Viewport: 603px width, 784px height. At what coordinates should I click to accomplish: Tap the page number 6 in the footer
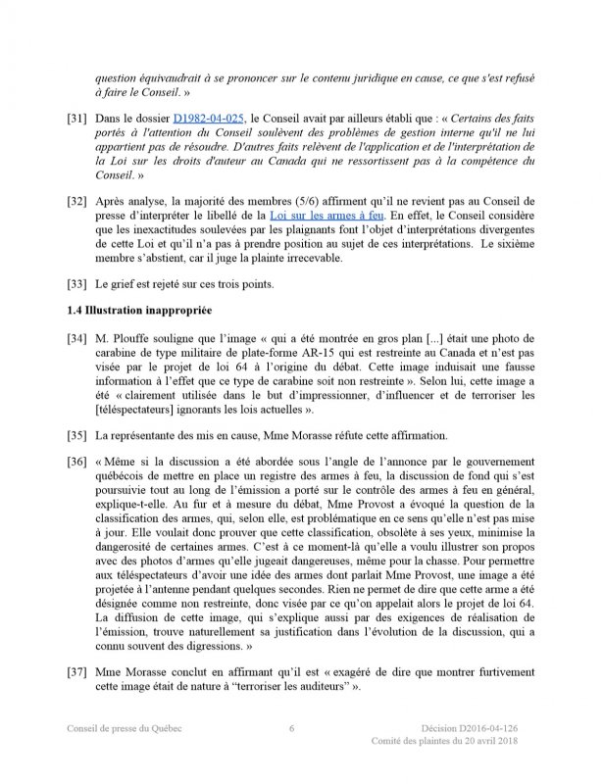tap(291, 728)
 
